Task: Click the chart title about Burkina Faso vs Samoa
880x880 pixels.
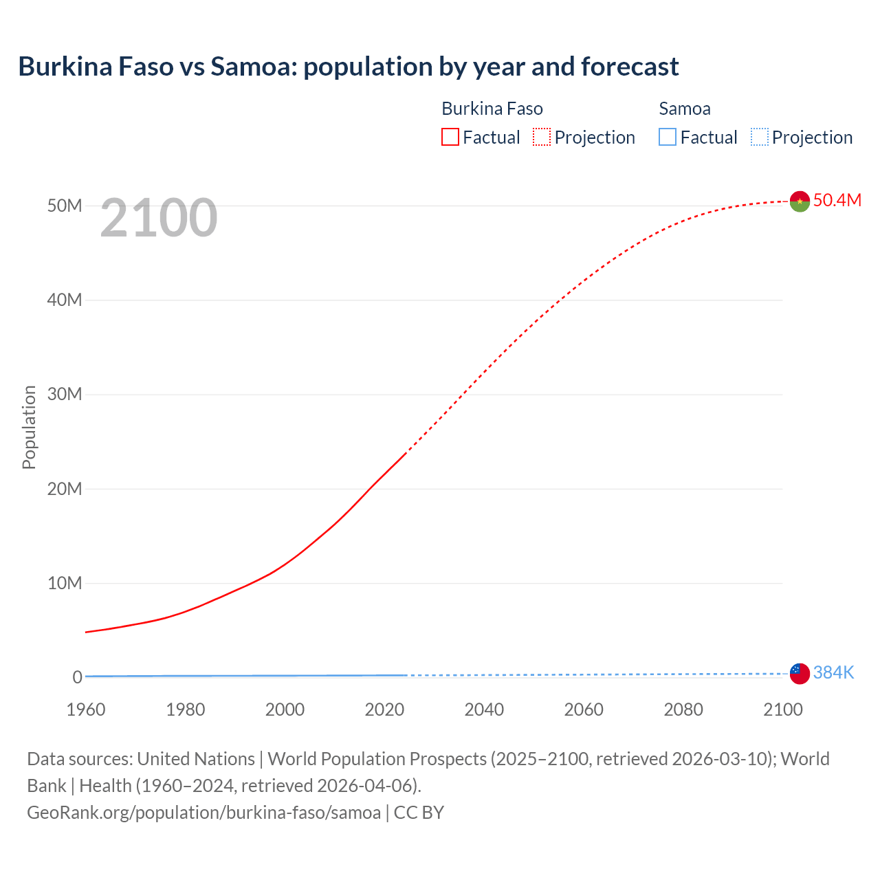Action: pos(348,67)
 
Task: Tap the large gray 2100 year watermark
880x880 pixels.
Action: pos(159,218)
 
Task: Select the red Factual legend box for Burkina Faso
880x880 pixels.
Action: pos(450,137)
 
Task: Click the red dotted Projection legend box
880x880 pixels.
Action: pos(542,137)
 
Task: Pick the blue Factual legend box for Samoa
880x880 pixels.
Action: pos(667,137)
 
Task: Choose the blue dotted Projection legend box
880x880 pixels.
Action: pos(759,137)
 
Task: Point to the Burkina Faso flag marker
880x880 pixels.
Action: pos(800,201)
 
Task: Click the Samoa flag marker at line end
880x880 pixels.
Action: pos(800,674)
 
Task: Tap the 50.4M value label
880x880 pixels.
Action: pos(837,200)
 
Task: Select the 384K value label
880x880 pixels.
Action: pos(833,672)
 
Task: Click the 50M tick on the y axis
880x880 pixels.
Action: pos(65,206)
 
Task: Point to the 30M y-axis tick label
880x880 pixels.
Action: pos(65,394)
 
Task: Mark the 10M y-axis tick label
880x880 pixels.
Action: pos(65,583)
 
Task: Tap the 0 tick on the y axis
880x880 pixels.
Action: pos(77,677)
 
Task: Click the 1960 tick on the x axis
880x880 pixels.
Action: pos(86,709)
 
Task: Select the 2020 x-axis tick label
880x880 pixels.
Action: pos(384,709)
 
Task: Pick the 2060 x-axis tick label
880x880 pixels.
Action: pos(584,709)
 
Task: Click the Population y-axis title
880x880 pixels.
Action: pos(29,427)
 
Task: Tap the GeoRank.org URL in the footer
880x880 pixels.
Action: pos(203,812)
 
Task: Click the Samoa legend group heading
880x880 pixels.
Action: pos(684,109)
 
